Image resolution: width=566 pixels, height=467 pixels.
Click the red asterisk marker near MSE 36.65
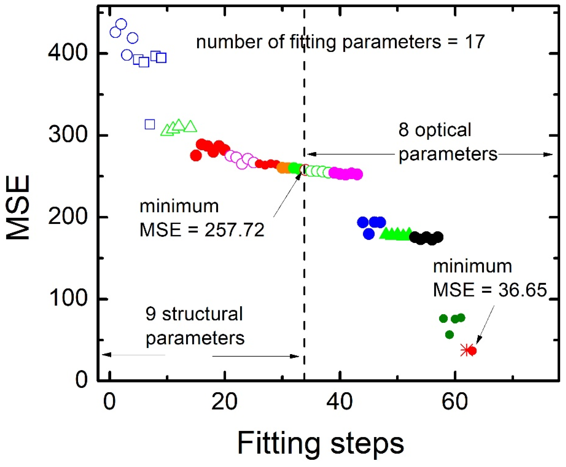466,350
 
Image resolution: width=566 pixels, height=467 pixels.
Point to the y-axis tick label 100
68,298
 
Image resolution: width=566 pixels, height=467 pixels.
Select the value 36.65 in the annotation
523,290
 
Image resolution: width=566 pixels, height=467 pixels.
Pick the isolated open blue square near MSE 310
150,124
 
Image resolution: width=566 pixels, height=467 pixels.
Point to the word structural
202,314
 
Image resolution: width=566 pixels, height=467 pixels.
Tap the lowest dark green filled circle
449,335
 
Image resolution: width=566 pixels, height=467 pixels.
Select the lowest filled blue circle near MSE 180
369,234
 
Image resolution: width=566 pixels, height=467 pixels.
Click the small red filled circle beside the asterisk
472,351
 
